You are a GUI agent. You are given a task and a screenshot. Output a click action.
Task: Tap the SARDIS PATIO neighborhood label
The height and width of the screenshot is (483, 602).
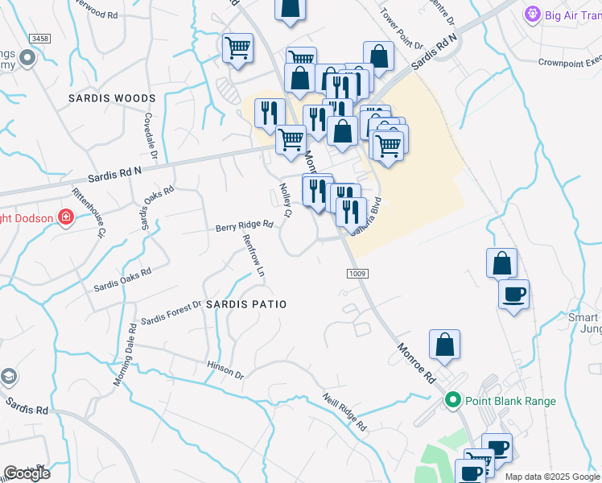246,304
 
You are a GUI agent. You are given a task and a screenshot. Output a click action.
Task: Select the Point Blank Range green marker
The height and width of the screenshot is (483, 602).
452,399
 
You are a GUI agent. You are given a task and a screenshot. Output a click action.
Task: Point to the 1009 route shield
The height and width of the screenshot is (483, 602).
358,275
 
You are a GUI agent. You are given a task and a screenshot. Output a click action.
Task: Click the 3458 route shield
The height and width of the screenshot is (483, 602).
39,38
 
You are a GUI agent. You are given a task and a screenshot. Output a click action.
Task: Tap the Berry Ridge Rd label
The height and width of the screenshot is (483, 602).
245,228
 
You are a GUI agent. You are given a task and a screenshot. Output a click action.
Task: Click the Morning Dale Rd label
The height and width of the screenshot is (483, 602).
124,354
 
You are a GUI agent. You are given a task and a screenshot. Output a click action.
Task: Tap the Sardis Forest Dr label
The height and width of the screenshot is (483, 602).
171,314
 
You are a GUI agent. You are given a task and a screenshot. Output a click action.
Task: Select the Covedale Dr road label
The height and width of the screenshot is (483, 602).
150,134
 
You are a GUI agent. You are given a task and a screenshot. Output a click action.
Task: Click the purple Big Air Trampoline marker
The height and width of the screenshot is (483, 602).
531,14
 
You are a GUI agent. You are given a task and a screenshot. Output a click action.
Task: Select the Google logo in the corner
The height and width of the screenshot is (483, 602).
27,473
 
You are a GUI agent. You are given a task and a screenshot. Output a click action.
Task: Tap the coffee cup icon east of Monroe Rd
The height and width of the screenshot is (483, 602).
513,295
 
